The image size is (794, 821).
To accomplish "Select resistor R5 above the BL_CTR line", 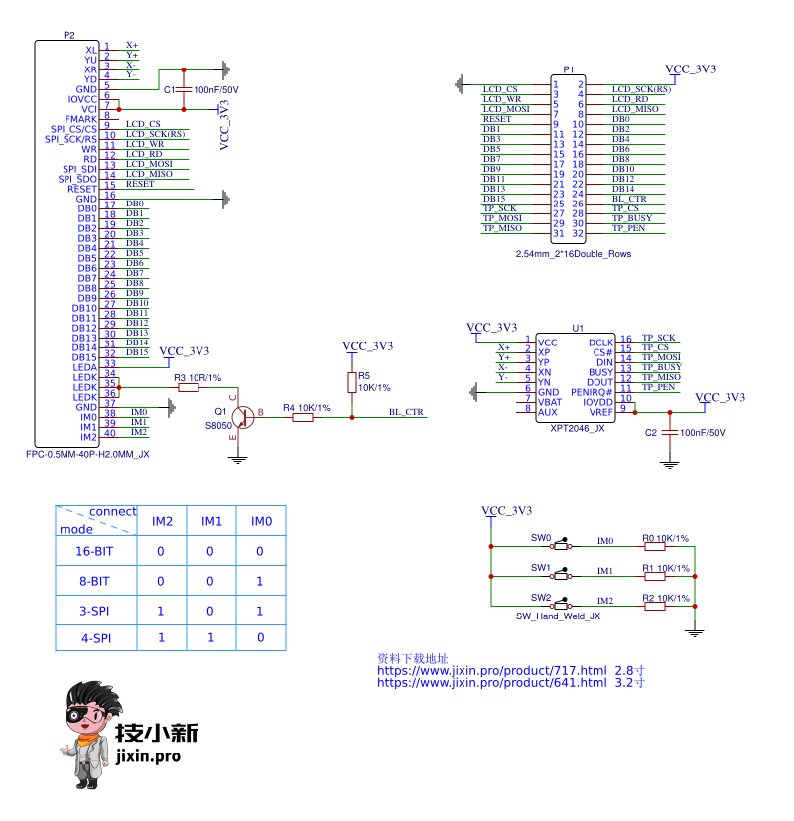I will [x=351, y=382].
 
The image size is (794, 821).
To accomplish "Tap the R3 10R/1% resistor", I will [x=189, y=387].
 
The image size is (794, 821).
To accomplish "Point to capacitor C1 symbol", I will [x=183, y=89].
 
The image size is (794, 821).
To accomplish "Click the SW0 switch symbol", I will [x=563, y=546].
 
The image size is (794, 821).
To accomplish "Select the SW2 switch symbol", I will [x=563, y=605].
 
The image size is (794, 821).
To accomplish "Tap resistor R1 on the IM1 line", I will [x=654, y=575].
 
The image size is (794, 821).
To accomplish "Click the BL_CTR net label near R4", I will [x=406, y=412].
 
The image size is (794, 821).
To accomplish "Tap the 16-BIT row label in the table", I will [x=94, y=551].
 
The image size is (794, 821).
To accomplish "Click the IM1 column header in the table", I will [x=211, y=521].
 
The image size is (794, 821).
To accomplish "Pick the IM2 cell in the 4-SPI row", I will [x=162, y=637].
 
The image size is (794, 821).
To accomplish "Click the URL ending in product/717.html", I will [x=491, y=670].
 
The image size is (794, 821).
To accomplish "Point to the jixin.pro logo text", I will [x=149, y=756].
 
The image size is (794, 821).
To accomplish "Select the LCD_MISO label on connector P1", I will [x=635, y=109].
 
